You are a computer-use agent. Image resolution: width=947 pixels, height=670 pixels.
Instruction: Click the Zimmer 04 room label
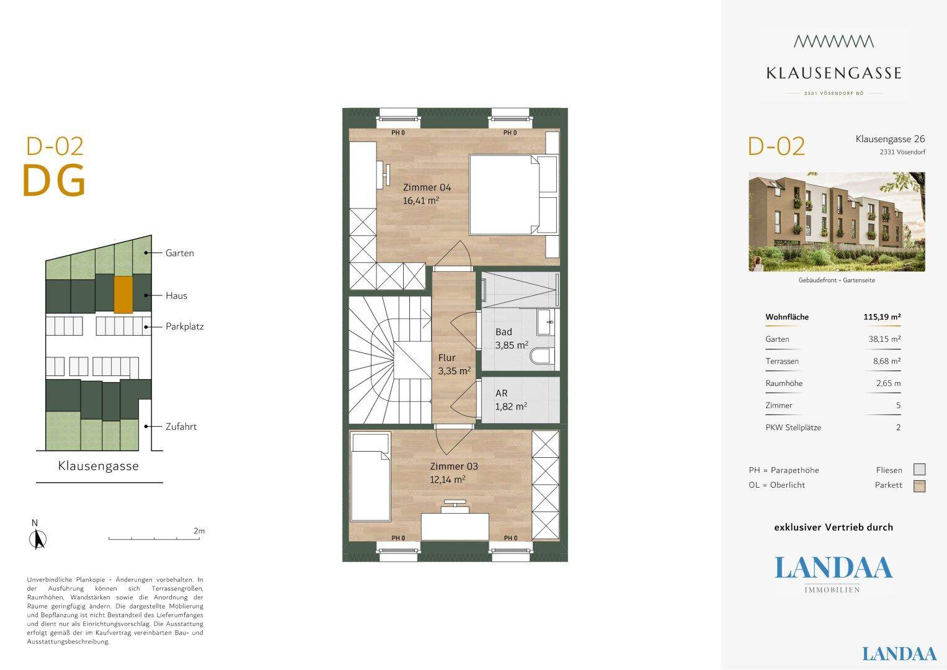click(427, 187)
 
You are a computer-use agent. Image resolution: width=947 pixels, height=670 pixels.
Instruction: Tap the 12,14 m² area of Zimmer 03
click(448, 479)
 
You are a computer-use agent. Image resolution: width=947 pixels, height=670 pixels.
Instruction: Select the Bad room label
click(504, 332)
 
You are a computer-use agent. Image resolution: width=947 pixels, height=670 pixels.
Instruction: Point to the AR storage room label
click(501, 393)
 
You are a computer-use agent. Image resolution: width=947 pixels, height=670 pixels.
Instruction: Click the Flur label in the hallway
click(447, 357)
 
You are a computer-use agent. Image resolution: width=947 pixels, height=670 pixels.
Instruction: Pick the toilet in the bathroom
click(542, 356)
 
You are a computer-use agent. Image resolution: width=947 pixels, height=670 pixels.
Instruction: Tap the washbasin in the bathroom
click(545, 321)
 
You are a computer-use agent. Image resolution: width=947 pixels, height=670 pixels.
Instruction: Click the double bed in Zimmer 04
click(514, 195)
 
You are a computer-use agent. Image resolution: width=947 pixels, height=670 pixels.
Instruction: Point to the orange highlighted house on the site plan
click(123, 295)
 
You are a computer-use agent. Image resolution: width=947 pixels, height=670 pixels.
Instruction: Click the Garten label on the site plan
click(180, 253)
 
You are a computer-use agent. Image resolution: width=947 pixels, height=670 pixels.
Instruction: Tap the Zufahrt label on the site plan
click(181, 426)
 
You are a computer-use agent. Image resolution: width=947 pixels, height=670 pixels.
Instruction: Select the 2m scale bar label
click(199, 531)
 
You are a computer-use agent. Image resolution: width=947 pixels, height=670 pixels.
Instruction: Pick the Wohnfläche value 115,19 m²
click(882, 317)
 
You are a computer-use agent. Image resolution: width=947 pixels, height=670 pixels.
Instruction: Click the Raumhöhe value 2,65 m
click(888, 383)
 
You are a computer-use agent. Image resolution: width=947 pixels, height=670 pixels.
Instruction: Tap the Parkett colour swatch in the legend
click(920, 486)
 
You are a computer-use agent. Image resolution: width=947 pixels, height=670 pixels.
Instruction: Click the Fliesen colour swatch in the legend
click(920, 469)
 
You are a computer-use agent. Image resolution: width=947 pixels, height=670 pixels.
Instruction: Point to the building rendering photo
click(837, 221)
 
